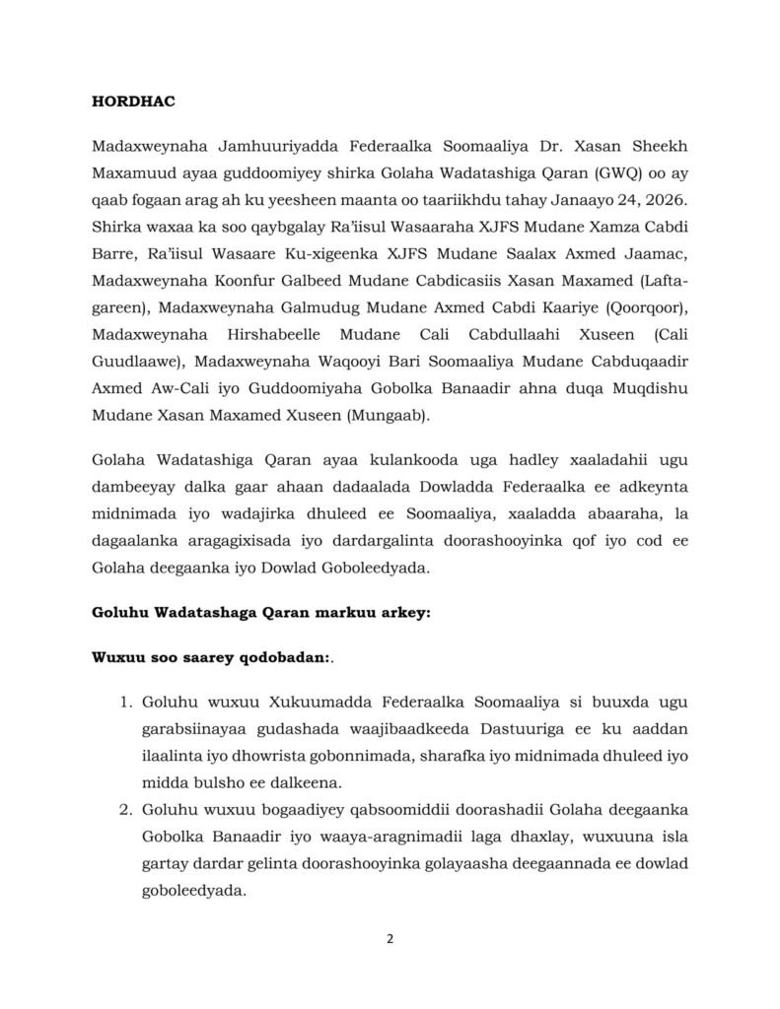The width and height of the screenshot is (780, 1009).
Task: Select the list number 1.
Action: click(124, 702)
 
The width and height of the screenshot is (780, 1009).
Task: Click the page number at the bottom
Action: click(390, 937)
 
